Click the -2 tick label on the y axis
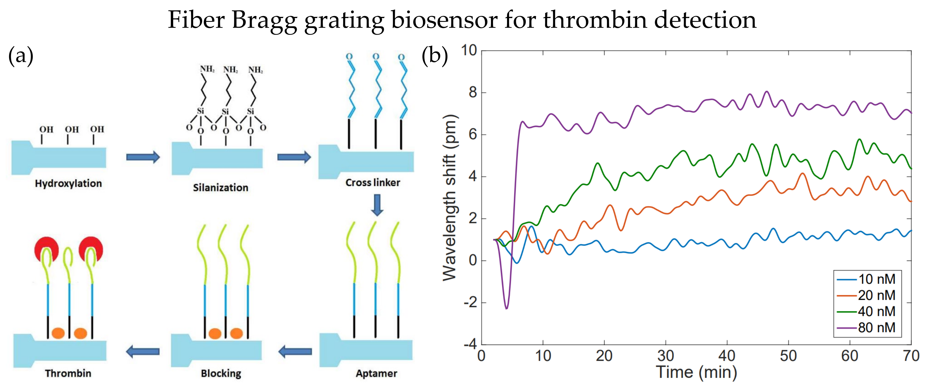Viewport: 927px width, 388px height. tap(470, 302)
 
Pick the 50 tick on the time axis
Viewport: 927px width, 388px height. tap(788, 356)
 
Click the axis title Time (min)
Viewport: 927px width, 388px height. tap(696, 372)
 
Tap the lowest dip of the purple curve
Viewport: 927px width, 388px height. tap(507, 308)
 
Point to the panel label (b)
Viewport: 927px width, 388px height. tap(434, 56)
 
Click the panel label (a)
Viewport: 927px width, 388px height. tap(21, 56)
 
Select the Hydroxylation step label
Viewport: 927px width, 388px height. tap(68, 183)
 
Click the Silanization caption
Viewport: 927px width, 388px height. tap(220, 188)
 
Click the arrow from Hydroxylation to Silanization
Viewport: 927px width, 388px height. tap(143, 157)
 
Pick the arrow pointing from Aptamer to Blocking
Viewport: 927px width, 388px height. tap(295, 351)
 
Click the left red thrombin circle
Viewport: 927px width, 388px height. tap(46, 248)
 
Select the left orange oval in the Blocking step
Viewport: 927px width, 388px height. tap(215, 333)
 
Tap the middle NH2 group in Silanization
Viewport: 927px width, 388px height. tap(230, 69)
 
